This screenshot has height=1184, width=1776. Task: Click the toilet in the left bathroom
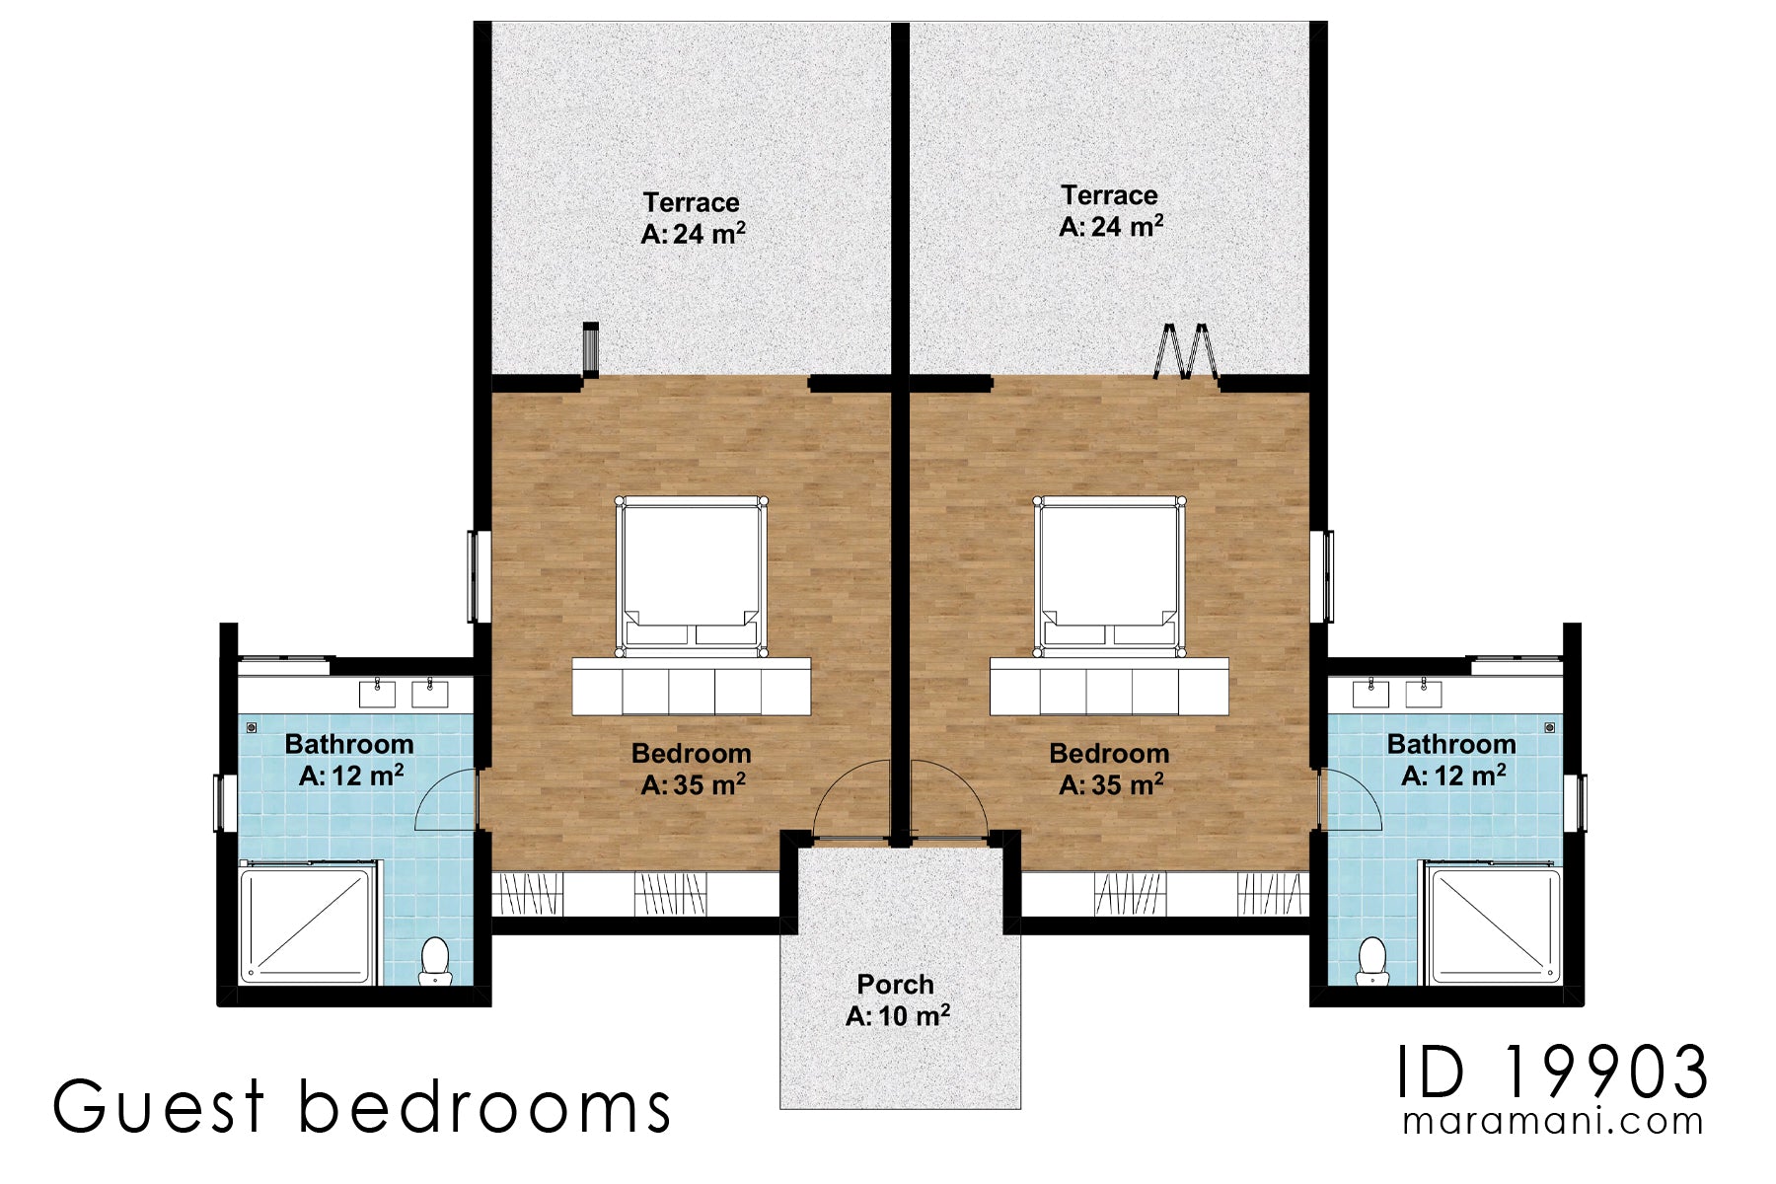coord(434,960)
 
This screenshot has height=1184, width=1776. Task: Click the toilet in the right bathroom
coord(1372,960)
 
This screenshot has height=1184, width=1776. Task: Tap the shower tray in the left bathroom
coord(308,923)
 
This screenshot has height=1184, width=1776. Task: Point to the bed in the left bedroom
coord(691,576)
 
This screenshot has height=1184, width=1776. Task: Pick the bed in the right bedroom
coord(1109,576)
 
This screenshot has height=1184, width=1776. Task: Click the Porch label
coord(896,999)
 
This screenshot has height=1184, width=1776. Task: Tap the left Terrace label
coord(693,217)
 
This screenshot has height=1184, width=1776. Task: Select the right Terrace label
coord(1110,210)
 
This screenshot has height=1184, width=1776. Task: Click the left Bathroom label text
coord(349,744)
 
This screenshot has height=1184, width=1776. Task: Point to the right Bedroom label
coord(1110,769)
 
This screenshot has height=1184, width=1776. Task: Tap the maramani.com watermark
coord(1553,1122)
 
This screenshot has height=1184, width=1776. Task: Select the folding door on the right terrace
coord(1186,351)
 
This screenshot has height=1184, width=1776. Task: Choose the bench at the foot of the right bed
coord(1109,687)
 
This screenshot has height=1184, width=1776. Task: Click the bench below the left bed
coord(691,687)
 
